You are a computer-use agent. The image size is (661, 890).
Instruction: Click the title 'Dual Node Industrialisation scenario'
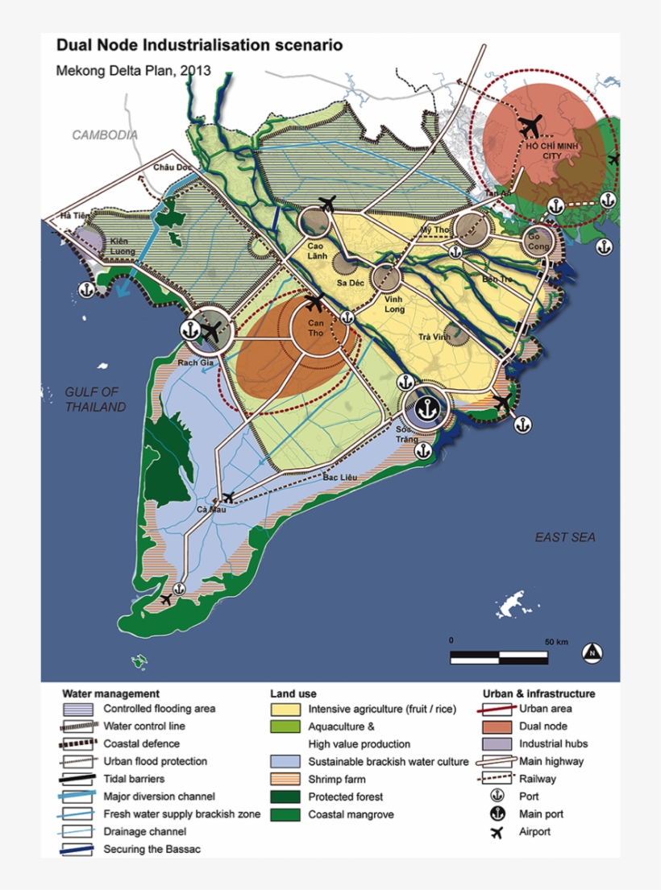(x=199, y=46)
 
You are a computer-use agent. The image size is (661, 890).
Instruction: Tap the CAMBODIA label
(x=105, y=135)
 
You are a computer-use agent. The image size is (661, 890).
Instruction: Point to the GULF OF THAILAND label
(x=96, y=399)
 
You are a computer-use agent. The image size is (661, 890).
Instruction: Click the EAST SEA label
(x=565, y=537)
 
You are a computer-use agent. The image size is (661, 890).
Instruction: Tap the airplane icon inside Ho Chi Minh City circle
(x=530, y=126)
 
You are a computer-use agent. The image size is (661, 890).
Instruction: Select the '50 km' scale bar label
(x=556, y=641)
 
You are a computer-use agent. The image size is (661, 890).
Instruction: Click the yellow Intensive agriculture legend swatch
(x=284, y=710)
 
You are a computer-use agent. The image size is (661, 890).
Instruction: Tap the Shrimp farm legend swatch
(x=284, y=779)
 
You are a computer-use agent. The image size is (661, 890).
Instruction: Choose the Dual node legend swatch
(x=497, y=726)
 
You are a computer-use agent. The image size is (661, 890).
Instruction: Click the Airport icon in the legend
(x=497, y=832)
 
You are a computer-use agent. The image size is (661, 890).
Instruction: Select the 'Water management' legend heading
(x=110, y=693)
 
